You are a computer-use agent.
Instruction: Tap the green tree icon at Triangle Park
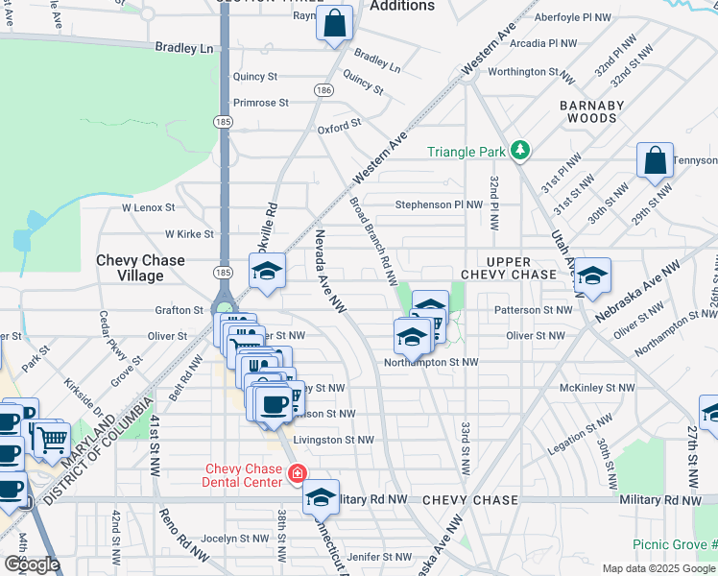click(x=520, y=150)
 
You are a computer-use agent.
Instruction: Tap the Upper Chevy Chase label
click(x=509, y=268)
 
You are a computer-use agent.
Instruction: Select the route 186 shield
click(x=323, y=89)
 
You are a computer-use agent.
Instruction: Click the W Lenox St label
click(x=148, y=206)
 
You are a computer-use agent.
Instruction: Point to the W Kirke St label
click(x=188, y=233)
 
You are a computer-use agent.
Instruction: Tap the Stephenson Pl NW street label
click(x=441, y=204)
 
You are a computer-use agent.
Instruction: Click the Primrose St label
click(x=261, y=103)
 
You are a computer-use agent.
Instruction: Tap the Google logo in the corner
click(x=32, y=565)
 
